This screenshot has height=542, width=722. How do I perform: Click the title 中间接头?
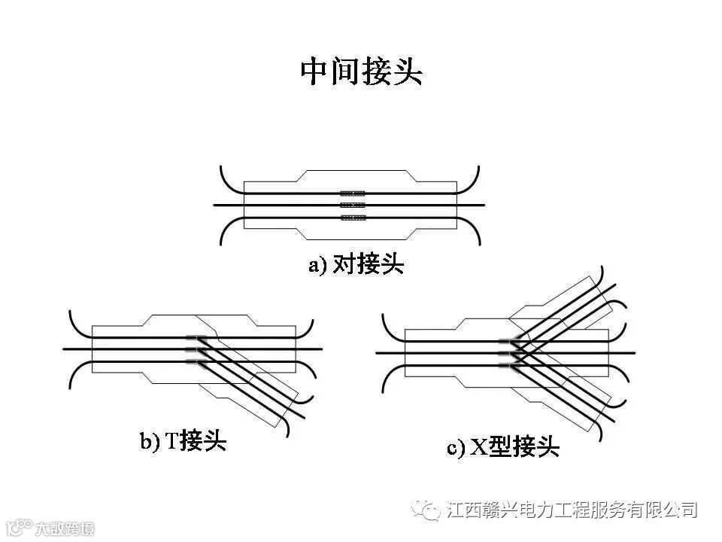point(361,72)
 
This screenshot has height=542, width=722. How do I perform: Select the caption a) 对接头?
point(356,265)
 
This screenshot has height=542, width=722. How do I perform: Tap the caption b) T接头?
point(183,440)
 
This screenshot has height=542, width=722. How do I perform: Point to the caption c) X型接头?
point(503,448)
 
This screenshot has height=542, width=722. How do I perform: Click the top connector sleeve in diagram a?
point(352,193)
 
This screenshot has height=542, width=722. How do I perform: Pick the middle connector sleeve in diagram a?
point(352,205)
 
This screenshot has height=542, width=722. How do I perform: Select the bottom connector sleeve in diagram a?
point(352,218)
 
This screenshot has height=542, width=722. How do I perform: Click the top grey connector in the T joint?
point(196,336)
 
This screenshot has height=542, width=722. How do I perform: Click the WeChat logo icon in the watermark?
point(430,511)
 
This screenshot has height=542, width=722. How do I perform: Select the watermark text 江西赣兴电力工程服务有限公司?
point(572,510)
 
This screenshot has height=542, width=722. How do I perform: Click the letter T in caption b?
point(171,441)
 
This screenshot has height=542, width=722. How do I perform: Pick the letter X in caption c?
point(478,449)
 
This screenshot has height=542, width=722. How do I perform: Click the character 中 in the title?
point(315,72)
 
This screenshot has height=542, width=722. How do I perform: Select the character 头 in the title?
point(407,72)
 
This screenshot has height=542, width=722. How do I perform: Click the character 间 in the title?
point(345,72)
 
